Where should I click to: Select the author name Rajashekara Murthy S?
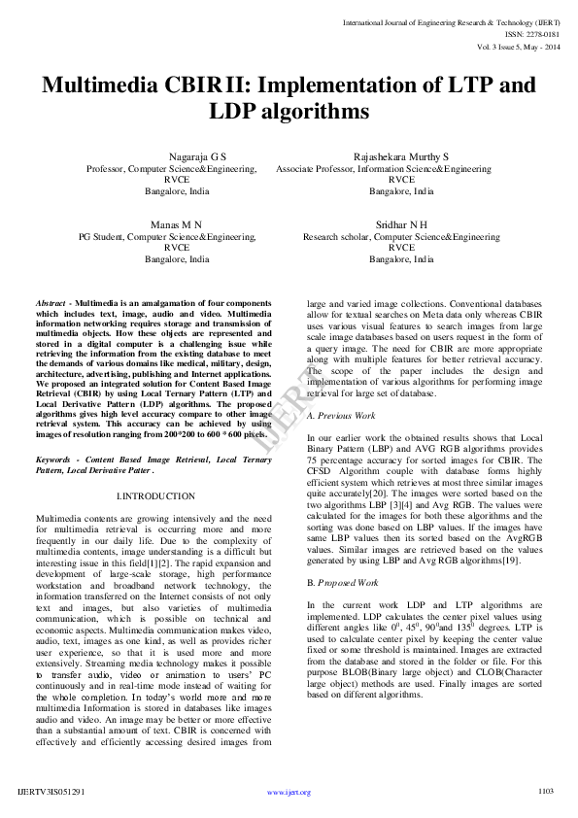tap(401, 156)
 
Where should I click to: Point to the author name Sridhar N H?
tap(401, 224)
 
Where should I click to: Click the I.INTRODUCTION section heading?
tap(154, 496)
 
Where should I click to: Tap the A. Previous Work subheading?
tap(341, 415)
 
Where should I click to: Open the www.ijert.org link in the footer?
tap(289, 793)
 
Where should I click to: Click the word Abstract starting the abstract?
tap(50, 304)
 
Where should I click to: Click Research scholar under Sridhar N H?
tap(335, 236)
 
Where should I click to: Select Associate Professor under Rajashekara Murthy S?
tap(319, 168)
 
